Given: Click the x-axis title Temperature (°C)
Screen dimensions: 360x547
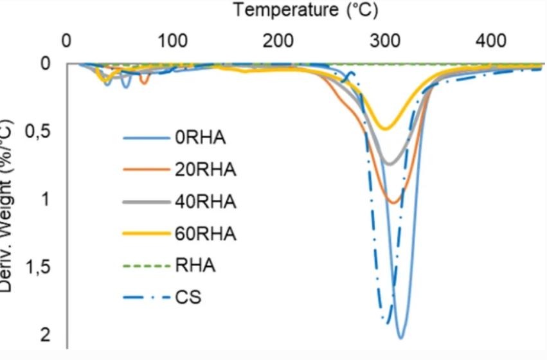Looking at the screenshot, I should pos(305,11).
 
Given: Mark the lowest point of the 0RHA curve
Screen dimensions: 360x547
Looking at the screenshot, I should pos(400,337).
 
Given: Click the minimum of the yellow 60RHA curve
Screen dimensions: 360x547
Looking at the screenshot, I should pos(384,129).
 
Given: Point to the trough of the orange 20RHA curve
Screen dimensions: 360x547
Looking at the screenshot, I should pos(392,203).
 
